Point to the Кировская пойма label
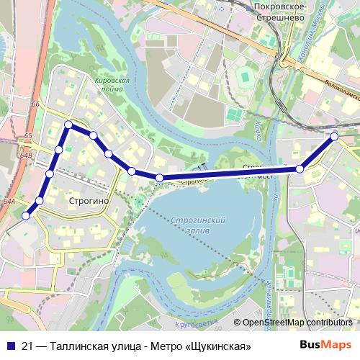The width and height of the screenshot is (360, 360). click(112, 85)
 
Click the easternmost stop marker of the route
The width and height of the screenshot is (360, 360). click(334, 135)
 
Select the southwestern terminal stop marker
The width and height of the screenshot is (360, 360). click(26, 215)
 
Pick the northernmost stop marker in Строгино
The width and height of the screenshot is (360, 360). click(68, 125)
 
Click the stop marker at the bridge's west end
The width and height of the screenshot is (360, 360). click(160, 178)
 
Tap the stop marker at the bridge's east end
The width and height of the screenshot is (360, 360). click(300, 169)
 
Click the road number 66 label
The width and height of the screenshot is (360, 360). click(35, 105)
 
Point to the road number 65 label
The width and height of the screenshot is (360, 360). click(27, 136)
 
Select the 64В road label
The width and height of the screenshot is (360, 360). click(27, 155)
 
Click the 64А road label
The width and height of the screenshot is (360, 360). click(9, 202)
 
